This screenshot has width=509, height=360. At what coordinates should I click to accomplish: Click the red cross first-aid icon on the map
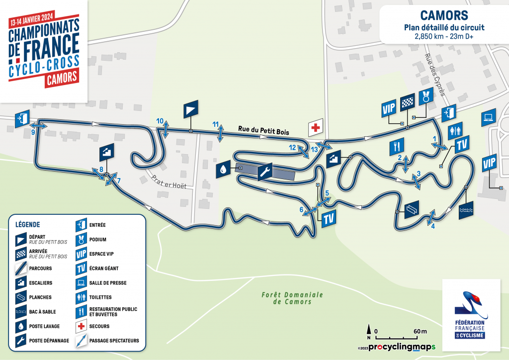[315, 128]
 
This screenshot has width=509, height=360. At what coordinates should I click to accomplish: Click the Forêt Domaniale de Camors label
[292, 298]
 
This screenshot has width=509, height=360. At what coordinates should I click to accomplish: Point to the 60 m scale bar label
[420, 331]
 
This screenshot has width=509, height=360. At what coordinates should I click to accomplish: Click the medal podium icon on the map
[426, 96]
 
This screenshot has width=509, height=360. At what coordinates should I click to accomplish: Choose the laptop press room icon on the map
[488, 116]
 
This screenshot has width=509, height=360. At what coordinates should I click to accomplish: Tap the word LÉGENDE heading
[28, 224]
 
